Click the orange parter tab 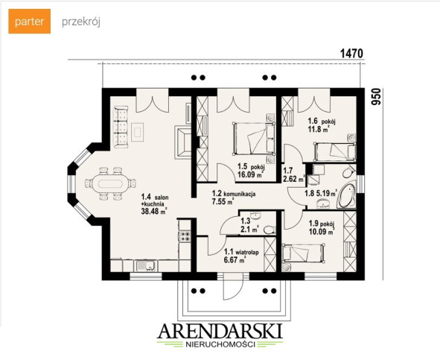click(30, 22)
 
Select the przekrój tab click(81, 22)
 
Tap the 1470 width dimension click(351, 54)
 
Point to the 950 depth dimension click(376, 97)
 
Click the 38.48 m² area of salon click(154, 212)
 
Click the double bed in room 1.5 click(254, 139)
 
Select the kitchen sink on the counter click(145, 265)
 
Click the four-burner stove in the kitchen click(185, 236)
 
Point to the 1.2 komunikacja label click(234, 194)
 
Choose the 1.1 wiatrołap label click(241, 253)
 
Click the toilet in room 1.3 click(270, 230)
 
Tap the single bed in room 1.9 click(303, 253)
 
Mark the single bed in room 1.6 click(334, 152)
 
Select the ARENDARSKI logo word click(220, 332)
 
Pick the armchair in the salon click(183, 142)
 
